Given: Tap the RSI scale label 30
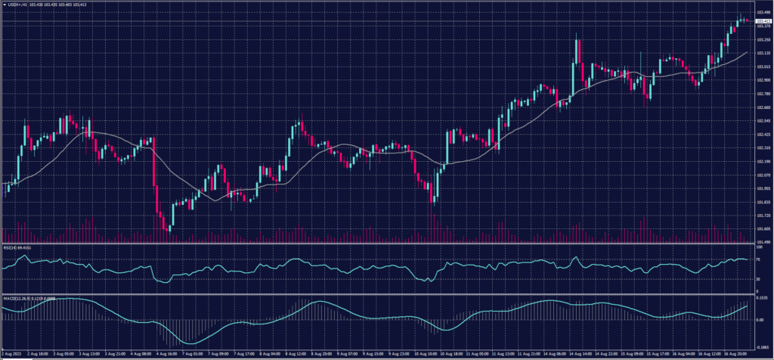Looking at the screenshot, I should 757,279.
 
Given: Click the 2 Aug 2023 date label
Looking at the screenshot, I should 14,353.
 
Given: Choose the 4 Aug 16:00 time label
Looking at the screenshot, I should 166,353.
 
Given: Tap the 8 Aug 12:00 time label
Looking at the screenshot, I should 296,353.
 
